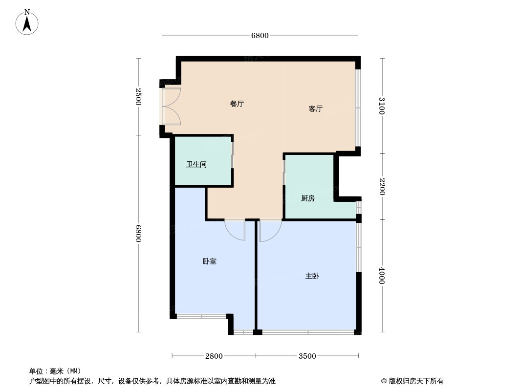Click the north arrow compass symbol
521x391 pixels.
[x=28, y=22]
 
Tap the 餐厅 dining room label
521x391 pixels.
[x=237, y=104]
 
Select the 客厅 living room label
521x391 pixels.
[x=315, y=109]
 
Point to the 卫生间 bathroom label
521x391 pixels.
[x=196, y=164]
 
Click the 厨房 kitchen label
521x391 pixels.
[x=307, y=198]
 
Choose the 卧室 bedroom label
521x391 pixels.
[x=209, y=261]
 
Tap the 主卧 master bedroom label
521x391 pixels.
[x=312, y=276]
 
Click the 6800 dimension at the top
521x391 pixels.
[x=260, y=35]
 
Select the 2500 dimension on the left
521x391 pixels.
[x=139, y=97]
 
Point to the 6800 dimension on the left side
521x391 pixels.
[x=139, y=234]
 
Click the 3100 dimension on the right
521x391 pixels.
[x=382, y=106]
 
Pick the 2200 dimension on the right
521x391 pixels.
[x=382, y=186]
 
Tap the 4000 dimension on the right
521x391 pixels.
[x=382, y=276]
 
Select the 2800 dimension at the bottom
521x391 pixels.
[x=214, y=356]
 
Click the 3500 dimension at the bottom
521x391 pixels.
[x=307, y=356]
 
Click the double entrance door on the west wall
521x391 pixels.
[x=171, y=106]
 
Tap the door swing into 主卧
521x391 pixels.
[x=270, y=231]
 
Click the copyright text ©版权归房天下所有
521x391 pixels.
[x=412, y=381]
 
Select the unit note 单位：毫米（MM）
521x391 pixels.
[x=55, y=371]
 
